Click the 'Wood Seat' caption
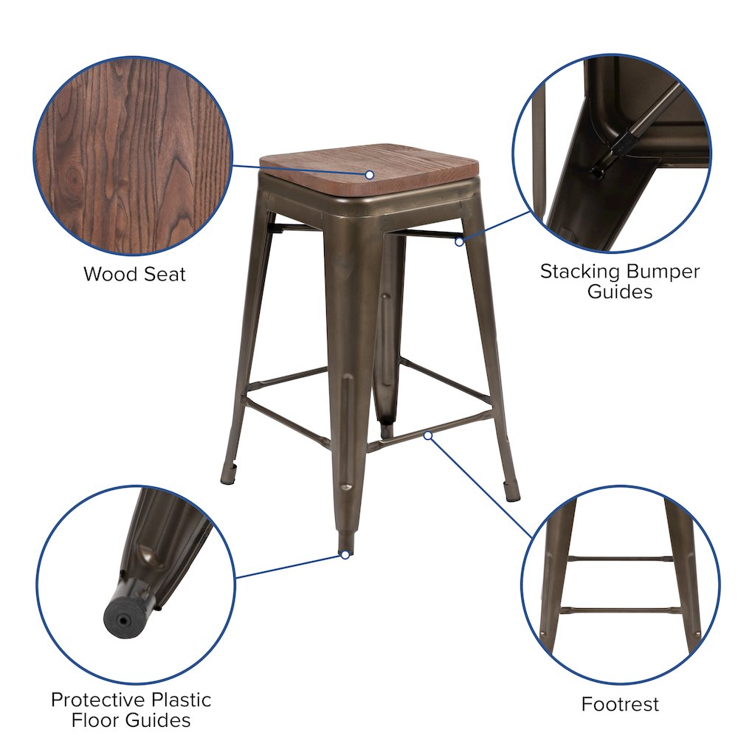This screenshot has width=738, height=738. tap(134, 275)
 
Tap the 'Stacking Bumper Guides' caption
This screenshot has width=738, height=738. tap(619, 281)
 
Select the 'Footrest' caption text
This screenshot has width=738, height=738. tap(620, 704)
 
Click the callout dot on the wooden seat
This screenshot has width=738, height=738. tap(370, 175)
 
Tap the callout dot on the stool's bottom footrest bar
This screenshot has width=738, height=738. tap(428, 435)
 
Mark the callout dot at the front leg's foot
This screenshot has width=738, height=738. tap(345, 555)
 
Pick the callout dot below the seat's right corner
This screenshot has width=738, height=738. tap(459, 241)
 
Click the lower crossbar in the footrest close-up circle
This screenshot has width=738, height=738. tap(620, 610)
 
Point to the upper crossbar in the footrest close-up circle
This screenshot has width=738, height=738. tap(620, 559)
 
